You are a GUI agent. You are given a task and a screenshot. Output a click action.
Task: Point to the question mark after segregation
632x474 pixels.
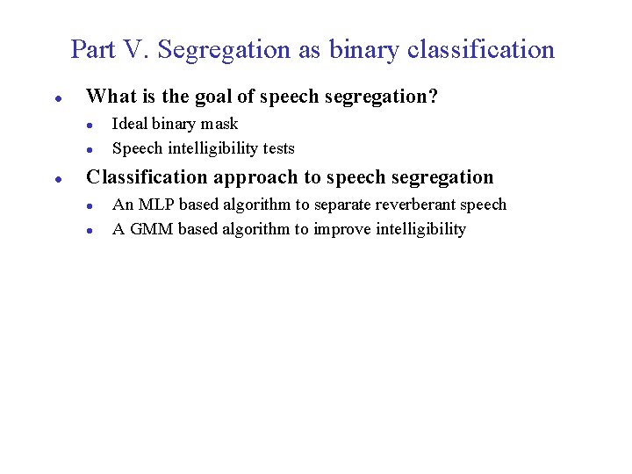click(433, 97)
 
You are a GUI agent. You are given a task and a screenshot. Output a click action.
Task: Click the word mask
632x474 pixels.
click(220, 124)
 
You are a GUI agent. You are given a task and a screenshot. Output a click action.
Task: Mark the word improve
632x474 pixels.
click(343, 229)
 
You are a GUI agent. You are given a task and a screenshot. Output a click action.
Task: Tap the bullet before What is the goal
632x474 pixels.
click(57, 98)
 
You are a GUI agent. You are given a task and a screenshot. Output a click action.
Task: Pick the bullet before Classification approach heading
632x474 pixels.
click(57, 179)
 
